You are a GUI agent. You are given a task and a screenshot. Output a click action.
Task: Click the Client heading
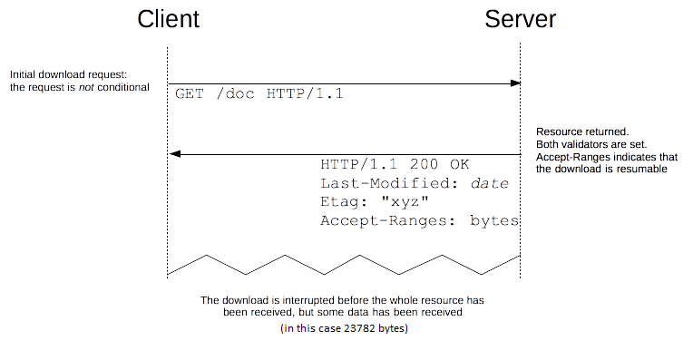pyautogui.click(x=169, y=20)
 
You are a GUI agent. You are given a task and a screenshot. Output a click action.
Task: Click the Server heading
pyautogui.click(x=520, y=20)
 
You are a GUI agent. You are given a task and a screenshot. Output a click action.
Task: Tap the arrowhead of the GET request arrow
pyautogui.click(x=516, y=83)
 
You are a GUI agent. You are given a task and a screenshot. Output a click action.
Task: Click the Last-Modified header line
pyautogui.click(x=415, y=184)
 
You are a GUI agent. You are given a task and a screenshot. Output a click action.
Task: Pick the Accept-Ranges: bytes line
pyautogui.click(x=419, y=220)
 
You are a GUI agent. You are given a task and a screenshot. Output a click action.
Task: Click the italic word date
pyautogui.click(x=489, y=184)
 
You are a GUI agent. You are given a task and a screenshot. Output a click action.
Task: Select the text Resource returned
pyautogui.click(x=576, y=131)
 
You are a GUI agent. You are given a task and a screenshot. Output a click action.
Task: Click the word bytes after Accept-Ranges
pyautogui.click(x=494, y=220)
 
